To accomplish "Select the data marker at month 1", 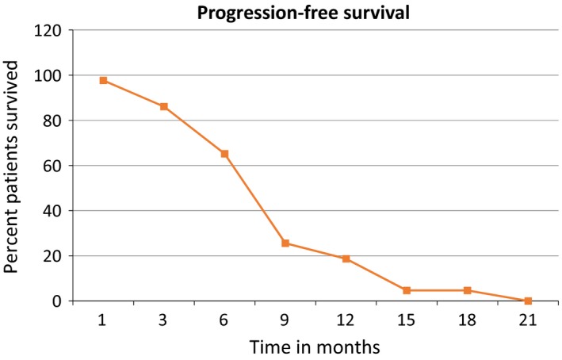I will tap(103, 80).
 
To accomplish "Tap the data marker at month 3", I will tap(164, 106).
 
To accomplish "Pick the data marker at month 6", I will tap(224, 154).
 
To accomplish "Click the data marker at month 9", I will tap(285, 243).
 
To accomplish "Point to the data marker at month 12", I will tap(346, 259).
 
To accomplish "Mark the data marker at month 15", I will tap(407, 290).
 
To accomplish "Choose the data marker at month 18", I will tap(467, 290).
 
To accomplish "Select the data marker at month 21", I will tap(528, 301).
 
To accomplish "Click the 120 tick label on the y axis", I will tap(50, 30).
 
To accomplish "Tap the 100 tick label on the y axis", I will tap(50, 75).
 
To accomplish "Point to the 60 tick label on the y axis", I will tap(54, 166).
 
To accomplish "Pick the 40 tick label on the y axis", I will tap(54, 211).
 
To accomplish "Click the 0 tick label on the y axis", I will tap(58, 301).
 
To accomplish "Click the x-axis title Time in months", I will tap(315, 346).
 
